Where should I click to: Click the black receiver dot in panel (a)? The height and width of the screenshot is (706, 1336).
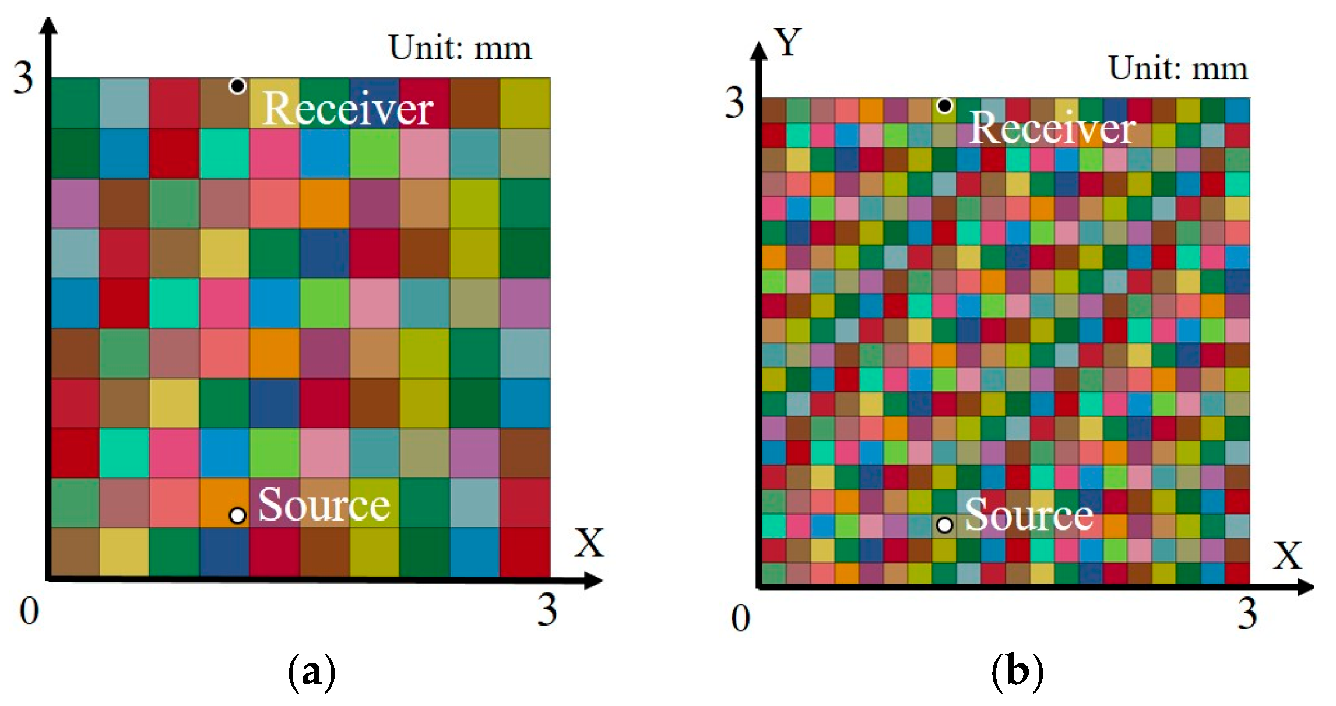[x=237, y=86]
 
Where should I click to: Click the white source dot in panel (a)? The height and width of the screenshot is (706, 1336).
[x=237, y=515]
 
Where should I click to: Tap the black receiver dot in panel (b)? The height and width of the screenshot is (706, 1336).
[x=945, y=106]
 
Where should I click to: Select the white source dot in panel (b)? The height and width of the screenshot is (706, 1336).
[x=945, y=525]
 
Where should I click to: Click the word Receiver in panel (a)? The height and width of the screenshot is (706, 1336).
[x=348, y=109]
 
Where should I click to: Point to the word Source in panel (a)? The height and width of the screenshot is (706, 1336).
[x=324, y=505]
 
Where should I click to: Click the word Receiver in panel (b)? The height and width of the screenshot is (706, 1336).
[x=1053, y=128]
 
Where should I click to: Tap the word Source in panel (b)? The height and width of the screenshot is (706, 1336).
[x=1029, y=515]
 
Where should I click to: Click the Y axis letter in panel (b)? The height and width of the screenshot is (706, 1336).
[x=788, y=43]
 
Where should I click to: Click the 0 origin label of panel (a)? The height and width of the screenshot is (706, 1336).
[x=29, y=611]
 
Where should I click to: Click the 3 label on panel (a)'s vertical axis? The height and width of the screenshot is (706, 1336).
[x=23, y=78]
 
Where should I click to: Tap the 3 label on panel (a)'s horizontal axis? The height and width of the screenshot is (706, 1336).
[x=547, y=610]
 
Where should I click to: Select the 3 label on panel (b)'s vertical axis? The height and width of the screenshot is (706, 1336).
[x=734, y=104]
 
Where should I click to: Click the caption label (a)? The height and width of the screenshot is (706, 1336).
[x=312, y=672]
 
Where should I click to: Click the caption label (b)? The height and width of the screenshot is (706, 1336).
[x=1017, y=672]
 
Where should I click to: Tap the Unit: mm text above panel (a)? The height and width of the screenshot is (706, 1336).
[x=460, y=48]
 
